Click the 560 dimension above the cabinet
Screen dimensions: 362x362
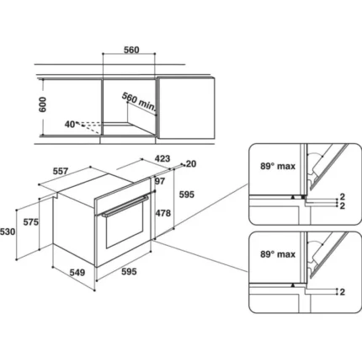(131, 50)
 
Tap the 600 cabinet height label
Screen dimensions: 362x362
(42, 104)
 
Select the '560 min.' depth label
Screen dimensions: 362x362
(139, 101)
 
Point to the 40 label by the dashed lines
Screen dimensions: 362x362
(70, 124)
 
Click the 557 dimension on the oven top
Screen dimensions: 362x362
(61, 171)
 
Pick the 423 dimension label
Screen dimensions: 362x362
(162, 158)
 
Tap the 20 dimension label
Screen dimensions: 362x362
(191, 163)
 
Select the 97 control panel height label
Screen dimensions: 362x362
(160, 181)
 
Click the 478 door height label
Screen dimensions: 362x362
(163, 213)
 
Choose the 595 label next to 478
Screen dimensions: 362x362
(187, 194)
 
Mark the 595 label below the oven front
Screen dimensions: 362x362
(129, 271)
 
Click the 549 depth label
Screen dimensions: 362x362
(77, 272)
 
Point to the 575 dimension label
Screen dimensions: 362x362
(30, 222)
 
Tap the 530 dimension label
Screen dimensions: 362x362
(8, 232)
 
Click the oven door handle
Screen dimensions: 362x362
(125, 206)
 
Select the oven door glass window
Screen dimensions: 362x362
(125, 224)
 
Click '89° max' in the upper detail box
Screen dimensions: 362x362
(278, 166)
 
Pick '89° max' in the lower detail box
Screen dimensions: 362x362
(278, 254)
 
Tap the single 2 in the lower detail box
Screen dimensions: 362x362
(342, 292)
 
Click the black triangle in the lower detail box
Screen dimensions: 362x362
(293, 285)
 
